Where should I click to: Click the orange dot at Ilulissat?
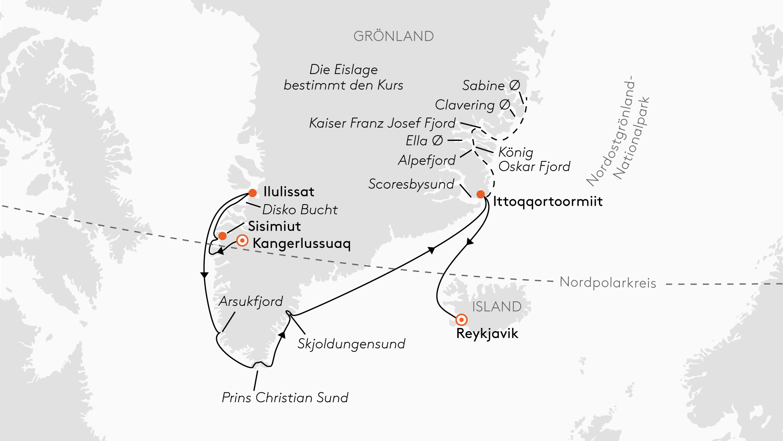(x=253, y=193)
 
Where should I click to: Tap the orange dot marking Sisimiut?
(x=222, y=236)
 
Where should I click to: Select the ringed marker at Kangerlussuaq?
(x=242, y=241)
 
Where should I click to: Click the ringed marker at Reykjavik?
(x=461, y=319)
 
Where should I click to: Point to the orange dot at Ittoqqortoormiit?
(x=481, y=194)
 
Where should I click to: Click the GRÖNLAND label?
(x=394, y=36)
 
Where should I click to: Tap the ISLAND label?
(x=497, y=307)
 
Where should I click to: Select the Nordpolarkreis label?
(x=608, y=283)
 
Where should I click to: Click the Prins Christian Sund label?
(x=285, y=398)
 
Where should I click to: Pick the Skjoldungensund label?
(x=351, y=344)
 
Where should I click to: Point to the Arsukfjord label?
(x=251, y=301)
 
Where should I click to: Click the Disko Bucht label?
(x=300, y=209)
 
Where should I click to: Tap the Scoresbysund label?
(x=411, y=184)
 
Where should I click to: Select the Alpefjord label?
(x=427, y=160)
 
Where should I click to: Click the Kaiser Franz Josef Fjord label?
(x=382, y=123)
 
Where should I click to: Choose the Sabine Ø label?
(x=491, y=86)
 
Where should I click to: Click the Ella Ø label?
(x=424, y=141)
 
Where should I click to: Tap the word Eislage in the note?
(x=356, y=70)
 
